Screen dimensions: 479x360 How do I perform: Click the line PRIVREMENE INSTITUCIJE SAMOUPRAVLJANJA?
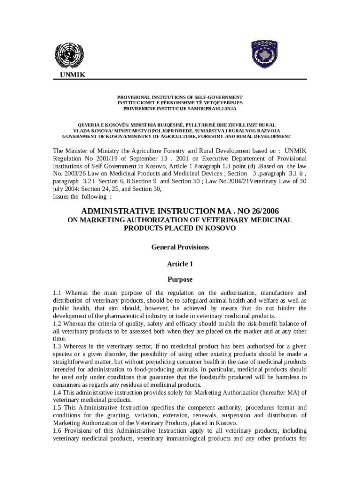pyautogui.click(x=180, y=109)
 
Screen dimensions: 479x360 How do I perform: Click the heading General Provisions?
pyautogui.click(x=180, y=247)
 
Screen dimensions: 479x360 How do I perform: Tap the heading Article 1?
pyautogui.click(x=180, y=264)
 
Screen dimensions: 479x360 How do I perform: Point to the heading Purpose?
pyautogui.click(x=180, y=280)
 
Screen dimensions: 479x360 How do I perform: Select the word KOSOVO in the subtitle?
pyautogui.click(x=220, y=228)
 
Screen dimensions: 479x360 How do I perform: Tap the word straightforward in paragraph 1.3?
pyautogui.click(x=76, y=362)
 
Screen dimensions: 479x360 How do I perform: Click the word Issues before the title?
pyautogui.click(x=62, y=196)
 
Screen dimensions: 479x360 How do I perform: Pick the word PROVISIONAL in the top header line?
pyautogui.click(x=135, y=97)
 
